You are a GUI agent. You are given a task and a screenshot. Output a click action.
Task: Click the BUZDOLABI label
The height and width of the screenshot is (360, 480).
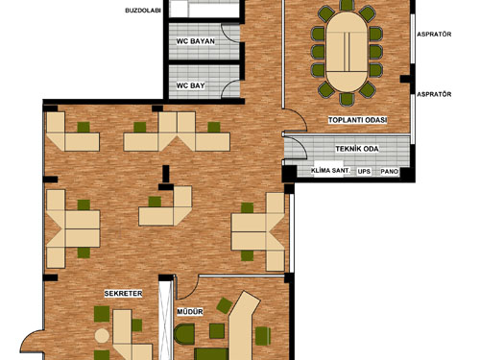click(x=143, y=11)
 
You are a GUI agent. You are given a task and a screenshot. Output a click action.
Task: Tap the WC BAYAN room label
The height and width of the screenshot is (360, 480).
click(x=196, y=41)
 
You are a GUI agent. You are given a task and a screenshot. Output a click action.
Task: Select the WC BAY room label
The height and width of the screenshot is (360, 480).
click(x=190, y=85)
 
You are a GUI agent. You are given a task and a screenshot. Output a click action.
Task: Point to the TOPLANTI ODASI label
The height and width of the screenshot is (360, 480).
click(x=358, y=120)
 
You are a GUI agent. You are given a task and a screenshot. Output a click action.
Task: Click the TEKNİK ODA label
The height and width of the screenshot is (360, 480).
click(x=357, y=149)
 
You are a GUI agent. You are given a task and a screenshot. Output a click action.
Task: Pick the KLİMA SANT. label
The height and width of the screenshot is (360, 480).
click(x=330, y=171)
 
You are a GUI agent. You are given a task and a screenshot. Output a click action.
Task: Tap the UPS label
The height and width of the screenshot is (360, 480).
click(x=364, y=171)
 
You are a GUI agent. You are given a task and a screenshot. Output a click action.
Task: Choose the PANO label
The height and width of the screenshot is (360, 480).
click(x=390, y=172)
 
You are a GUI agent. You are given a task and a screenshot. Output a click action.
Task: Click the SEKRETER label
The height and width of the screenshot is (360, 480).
click(x=123, y=294)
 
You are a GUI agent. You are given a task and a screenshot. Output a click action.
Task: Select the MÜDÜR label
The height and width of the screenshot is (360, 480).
click(x=190, y=312)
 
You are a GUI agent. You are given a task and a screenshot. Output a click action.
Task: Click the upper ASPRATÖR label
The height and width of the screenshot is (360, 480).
click(x=434, y=34)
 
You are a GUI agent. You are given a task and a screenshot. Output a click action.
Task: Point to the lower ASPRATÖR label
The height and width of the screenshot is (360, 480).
click(x=434, y=94)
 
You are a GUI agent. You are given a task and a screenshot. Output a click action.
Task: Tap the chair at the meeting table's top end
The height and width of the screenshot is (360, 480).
click(x=347, y=5)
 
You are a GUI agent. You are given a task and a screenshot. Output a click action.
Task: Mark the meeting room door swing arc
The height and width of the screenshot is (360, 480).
click(x=300, y=116)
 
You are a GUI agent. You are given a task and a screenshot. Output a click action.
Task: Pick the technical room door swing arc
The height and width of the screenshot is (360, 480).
click(x=300, y=143)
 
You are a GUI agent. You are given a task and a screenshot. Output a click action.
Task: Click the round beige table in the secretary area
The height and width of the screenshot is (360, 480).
click(x=102, y=336)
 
